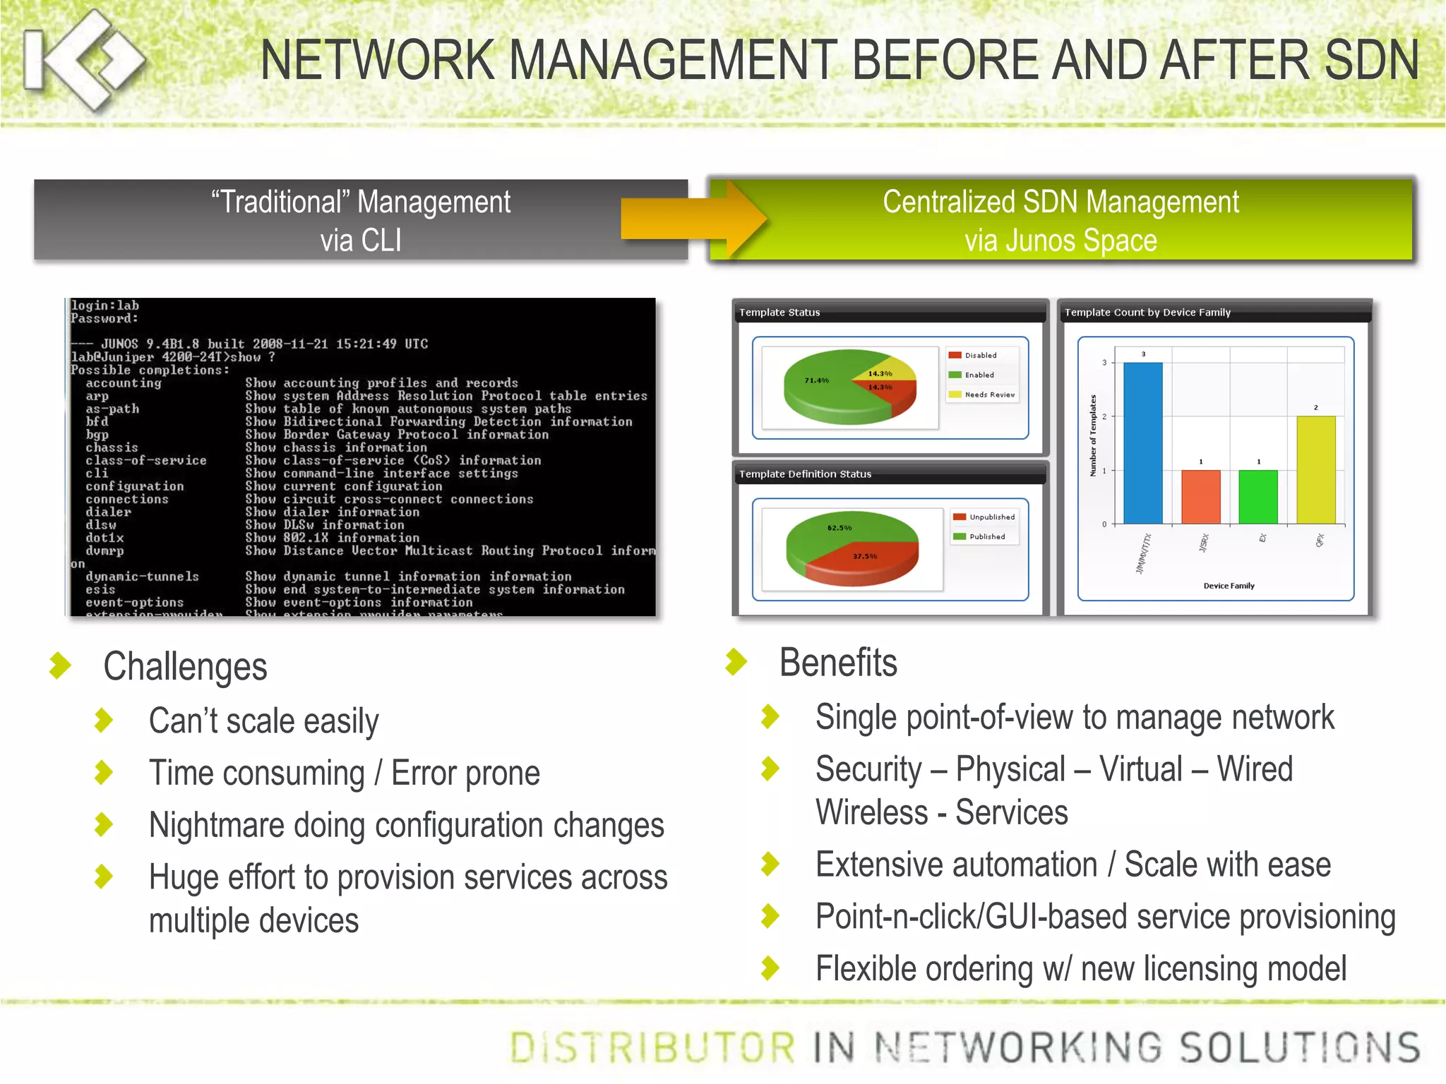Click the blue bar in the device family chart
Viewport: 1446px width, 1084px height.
coord(1142,443)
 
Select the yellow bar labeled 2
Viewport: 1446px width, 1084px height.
coord(1316,470)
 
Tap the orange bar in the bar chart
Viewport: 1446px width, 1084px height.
coord(1200,497)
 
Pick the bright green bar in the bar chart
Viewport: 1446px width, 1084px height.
coord(1258,497)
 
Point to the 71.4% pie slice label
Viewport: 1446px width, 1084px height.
coord(817,380)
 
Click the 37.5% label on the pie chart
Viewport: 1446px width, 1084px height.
coord(865,557)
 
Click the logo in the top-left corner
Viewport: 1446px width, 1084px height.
coord(83,60)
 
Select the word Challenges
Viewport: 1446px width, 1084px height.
coord(185,667)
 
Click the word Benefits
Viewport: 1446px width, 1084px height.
coord(838,663)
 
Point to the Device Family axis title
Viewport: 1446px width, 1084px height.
coord(1229,586)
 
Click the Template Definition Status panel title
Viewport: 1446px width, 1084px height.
coord(805,474)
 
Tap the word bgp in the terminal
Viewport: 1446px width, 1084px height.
coord(97,435)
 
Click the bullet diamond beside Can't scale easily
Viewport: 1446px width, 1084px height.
coord(104,721)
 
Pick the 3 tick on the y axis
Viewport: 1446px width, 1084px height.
coord(1104,363)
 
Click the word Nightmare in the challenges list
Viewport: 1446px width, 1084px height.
coord(216,826)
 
